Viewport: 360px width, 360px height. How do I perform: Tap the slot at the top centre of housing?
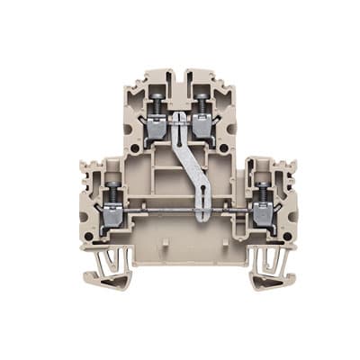(x=180, y=77)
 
